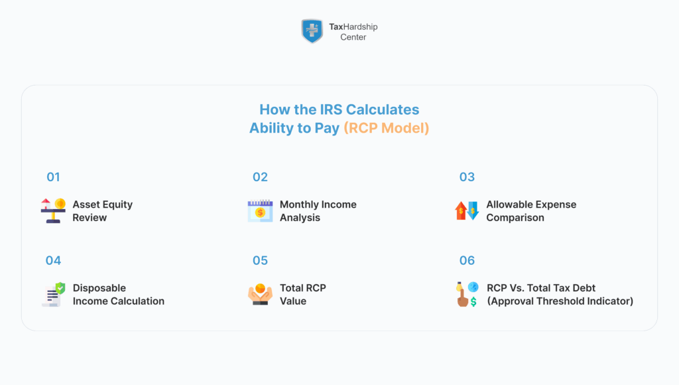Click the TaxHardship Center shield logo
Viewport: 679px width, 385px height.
(312, 31)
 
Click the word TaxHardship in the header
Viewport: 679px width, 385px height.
(353, 27)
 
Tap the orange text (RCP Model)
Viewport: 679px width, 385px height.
(386, 128)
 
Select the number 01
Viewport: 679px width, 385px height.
(53, 177)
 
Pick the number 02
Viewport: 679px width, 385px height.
(260, 177)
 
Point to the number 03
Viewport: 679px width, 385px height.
(467, 177)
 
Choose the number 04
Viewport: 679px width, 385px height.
(53, 261)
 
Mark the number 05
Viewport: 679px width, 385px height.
(260, 261)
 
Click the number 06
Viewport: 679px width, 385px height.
(467, 261)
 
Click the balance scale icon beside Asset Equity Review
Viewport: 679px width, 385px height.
(53, 210)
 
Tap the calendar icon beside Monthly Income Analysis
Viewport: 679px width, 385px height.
(260, 210)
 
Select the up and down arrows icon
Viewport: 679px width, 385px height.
(467, 210)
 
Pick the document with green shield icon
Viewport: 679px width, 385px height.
(53, 294)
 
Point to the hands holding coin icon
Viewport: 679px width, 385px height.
(260, 294)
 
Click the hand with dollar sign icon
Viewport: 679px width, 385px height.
(467, 294)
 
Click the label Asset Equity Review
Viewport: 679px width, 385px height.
(102, 210)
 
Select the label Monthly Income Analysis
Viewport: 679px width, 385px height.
(318, 210)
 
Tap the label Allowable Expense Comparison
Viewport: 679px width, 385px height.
(530, 210)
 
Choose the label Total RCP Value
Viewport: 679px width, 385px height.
(302, 294)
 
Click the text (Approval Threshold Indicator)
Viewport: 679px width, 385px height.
(560, 301)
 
